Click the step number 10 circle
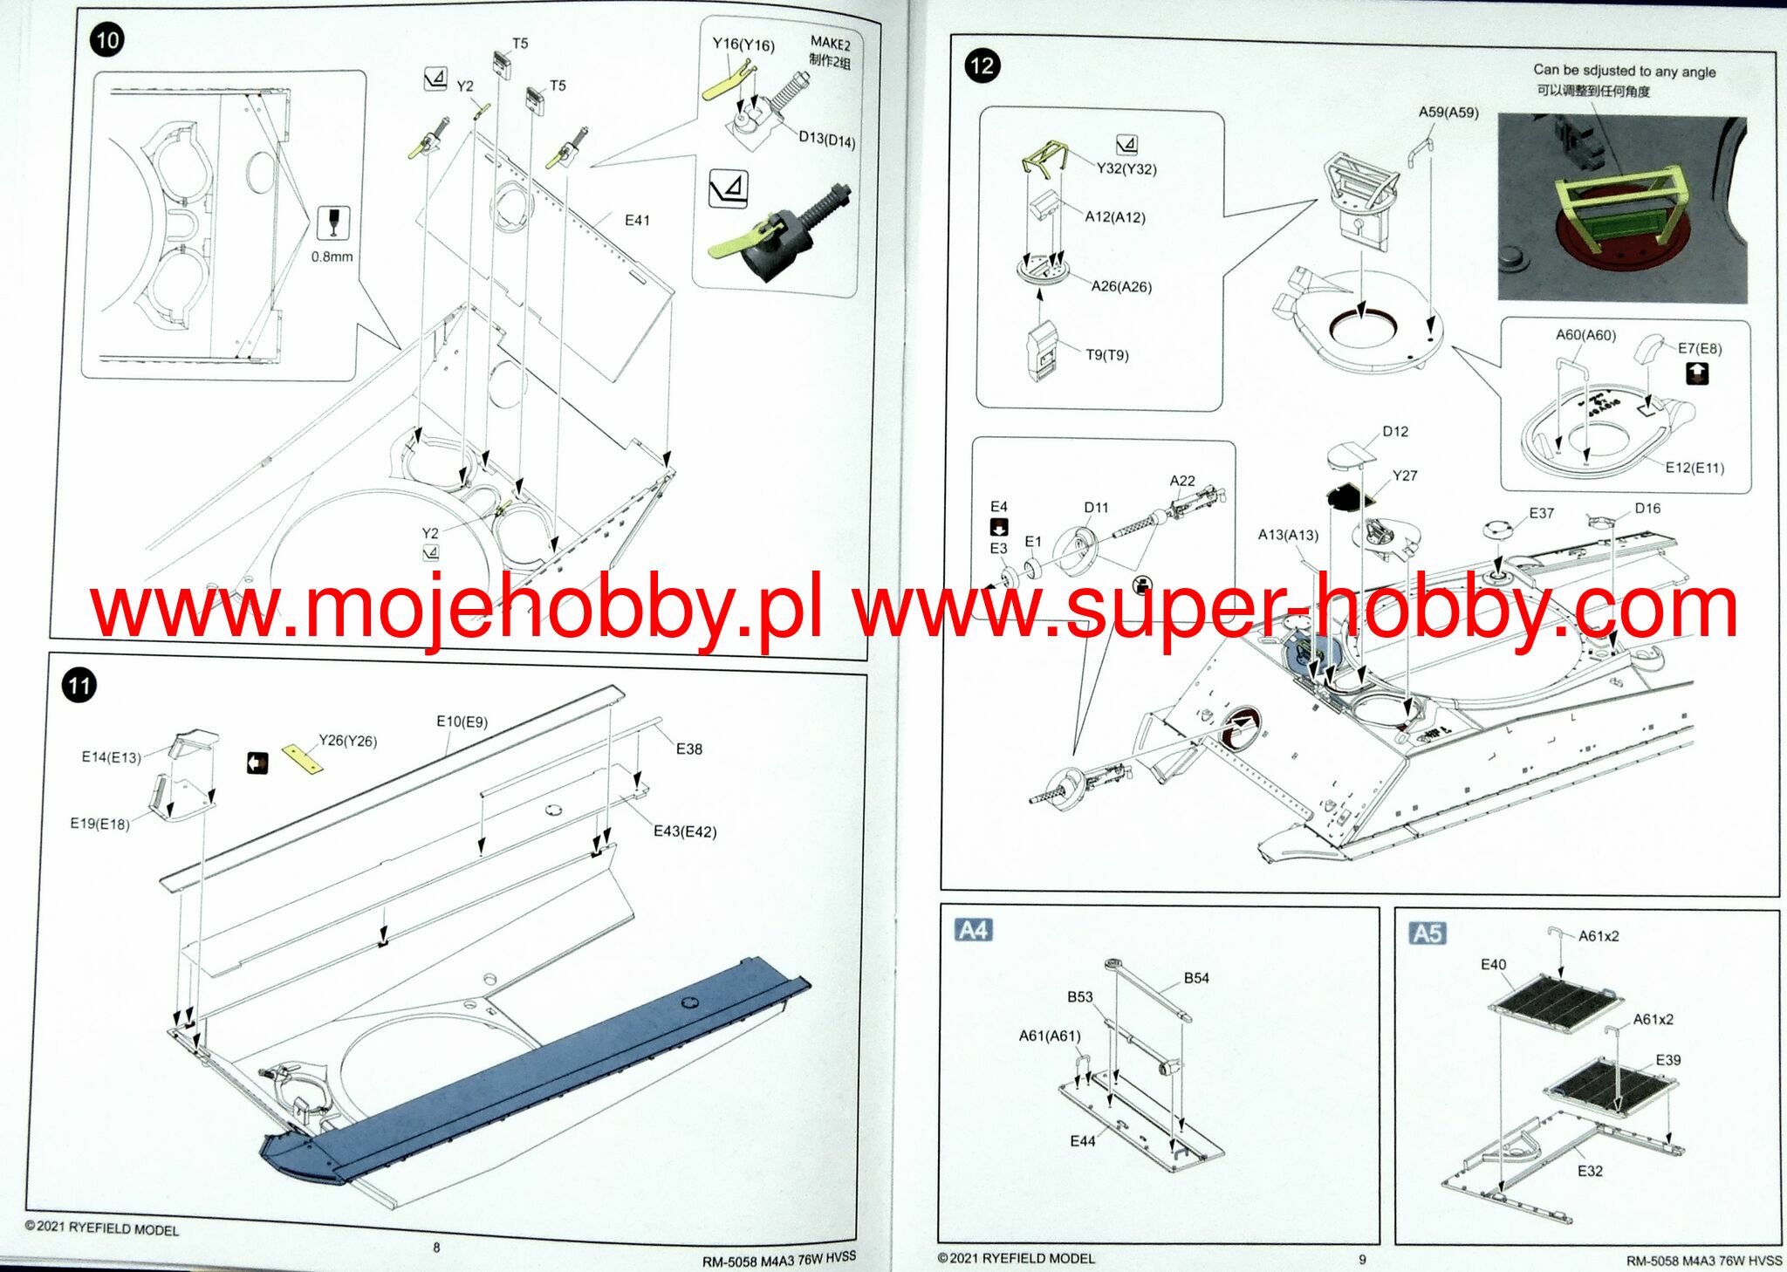(106, 40)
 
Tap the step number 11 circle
(79, 685)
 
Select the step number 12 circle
(981, 66)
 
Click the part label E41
(637, 221)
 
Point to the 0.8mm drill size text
(332, 256)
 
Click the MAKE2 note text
(830, 43)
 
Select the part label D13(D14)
(826, 140)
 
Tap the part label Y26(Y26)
(347, 741)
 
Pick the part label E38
(688, 749)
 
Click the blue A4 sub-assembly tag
(973, 930)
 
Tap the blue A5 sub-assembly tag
(1427, 933)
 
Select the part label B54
(1196, 978)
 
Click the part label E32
(1590, 1171)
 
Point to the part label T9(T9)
(1106, 355)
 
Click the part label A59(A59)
(1448, 112)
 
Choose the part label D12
(1395, 431)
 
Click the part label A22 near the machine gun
(1182, 481)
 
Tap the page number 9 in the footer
(1362, 1259)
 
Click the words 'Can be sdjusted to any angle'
(1624, 71)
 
